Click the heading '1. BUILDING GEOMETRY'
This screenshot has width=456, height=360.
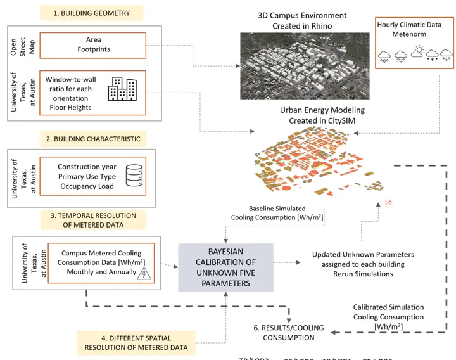click(x=91, y=13)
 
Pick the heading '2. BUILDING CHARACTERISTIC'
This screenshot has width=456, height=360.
click(x=91, y=138)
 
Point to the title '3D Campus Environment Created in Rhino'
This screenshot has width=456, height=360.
click(x=302, y=20)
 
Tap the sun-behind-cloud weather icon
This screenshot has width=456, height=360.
click(x=416, y=53)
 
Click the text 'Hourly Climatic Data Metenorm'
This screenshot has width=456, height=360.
click(x=410, y=29)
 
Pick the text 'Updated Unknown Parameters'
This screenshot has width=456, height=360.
click(x=359, y=255)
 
